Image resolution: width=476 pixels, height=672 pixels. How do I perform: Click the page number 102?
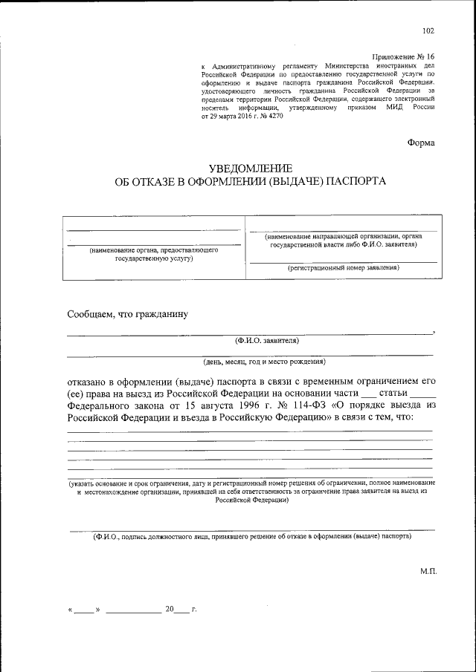tap(428, 30)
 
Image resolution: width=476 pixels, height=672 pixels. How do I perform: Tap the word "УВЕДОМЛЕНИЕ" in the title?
tap(249, 168)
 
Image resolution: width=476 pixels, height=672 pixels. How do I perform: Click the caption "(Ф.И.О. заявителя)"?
tap(266, 341)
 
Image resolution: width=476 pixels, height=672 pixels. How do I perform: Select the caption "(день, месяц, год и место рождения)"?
tap(264, 362)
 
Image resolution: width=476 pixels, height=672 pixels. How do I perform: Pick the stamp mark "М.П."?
tap(428, 572)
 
